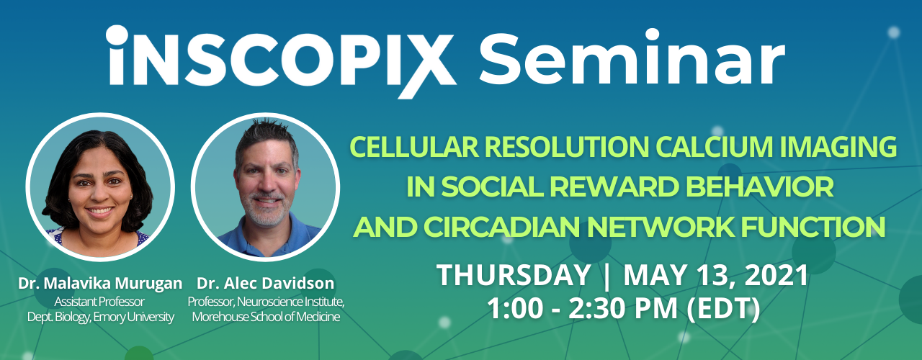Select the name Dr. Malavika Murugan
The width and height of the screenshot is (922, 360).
(100, 283)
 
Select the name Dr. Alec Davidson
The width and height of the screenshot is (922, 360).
(266, 283)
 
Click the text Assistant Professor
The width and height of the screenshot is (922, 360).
(100, 301)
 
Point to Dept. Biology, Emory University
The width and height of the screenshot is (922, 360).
(100, 317)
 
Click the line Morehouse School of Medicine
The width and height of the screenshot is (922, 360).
(266, 317)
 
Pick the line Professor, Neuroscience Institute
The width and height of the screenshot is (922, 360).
(266, 301)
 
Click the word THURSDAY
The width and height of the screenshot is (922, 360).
(514, 275)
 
